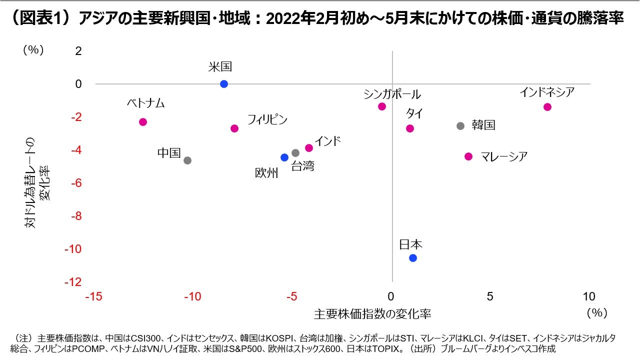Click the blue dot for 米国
[224, 84]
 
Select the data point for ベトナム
[143, 122]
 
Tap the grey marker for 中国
[187, 160]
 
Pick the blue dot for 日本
[413, 258]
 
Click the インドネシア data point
[547, 107]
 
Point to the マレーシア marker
[468, 156]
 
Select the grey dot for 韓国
[460, 126]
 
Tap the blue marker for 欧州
[284, 157]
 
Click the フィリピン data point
[234, 128]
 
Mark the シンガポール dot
[382, 106]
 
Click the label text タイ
[414, 113]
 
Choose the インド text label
[327, 141]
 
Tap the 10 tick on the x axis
[589, 296]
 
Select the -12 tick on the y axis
[73, 282]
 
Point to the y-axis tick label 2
[78, 51]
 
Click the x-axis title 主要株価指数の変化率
[372, 314]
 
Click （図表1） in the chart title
[38, 19]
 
